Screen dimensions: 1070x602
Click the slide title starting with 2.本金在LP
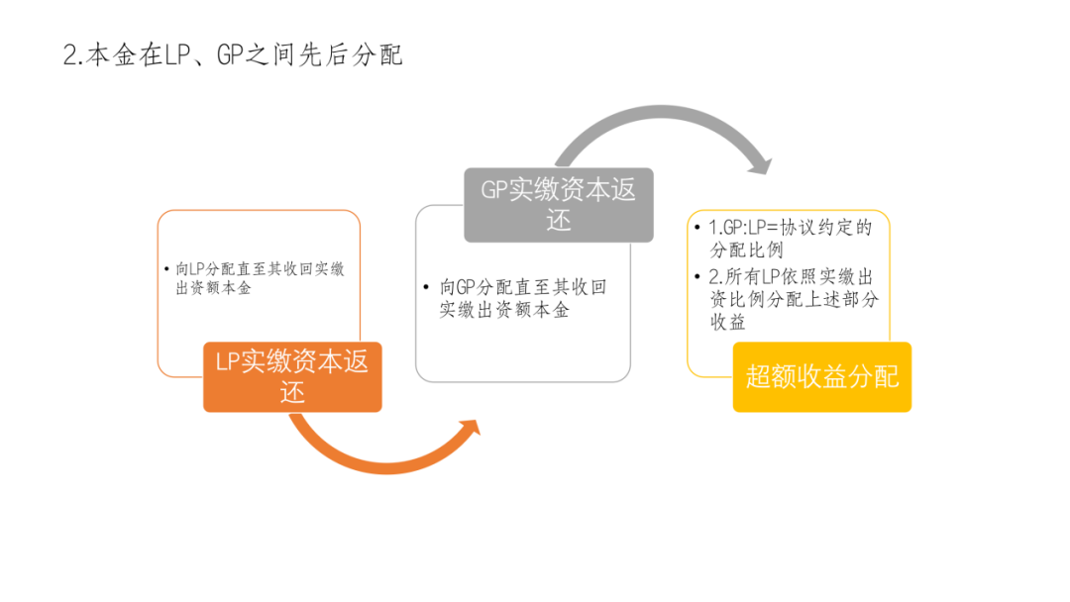tap(233, 55)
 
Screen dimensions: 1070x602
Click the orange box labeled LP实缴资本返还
tap(292, 377)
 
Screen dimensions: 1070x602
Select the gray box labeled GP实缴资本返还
tap(559, 205)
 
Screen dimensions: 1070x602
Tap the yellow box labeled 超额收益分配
tap(822, 377)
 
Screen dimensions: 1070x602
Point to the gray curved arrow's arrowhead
tap(760, 165)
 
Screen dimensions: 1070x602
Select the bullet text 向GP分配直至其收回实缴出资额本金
tap(523, 298)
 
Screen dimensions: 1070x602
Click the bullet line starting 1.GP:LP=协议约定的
tap(791, 239)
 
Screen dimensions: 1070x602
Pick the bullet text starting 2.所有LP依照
tap(794, 299)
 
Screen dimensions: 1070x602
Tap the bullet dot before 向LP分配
tap(166, 269)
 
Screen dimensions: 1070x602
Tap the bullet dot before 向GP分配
tap(426, 287)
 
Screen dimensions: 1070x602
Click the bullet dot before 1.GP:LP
tap(696, 227)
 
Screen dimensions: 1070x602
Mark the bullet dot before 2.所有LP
tap(696, 276)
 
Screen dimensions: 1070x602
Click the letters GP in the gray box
tap(494, 189)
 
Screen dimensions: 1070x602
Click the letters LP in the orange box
tap(227, 361)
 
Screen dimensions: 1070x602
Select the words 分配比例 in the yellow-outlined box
tap(747, 251)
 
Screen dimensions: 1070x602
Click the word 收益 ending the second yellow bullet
tap(728, 322)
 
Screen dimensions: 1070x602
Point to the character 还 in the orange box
tap(292, 393)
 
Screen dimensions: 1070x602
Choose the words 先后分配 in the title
tap(351, 55)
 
